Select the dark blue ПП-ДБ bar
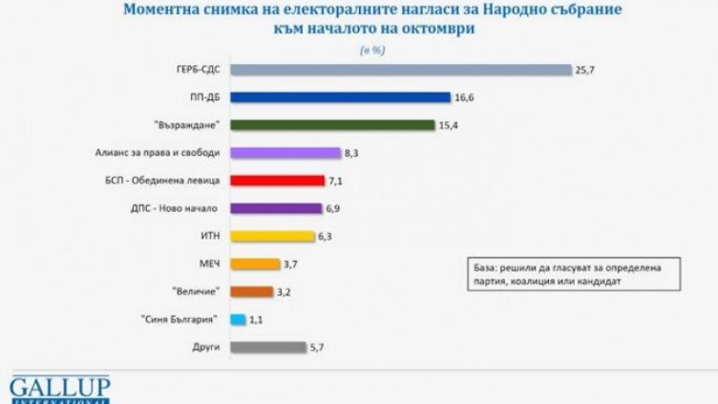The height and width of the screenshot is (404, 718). click(340, 97)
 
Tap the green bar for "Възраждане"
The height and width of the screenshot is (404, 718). click(333, 125)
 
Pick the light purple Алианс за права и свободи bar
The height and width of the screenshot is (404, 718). click(285, 153)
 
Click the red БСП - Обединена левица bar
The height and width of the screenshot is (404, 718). click(278, 181)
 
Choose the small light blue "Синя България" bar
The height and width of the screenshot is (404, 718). click(239, 320)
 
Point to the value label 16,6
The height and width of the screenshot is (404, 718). click(464, 97)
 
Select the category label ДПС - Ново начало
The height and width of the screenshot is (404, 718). click(180, 208)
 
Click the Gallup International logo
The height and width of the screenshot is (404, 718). click(60, 390)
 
